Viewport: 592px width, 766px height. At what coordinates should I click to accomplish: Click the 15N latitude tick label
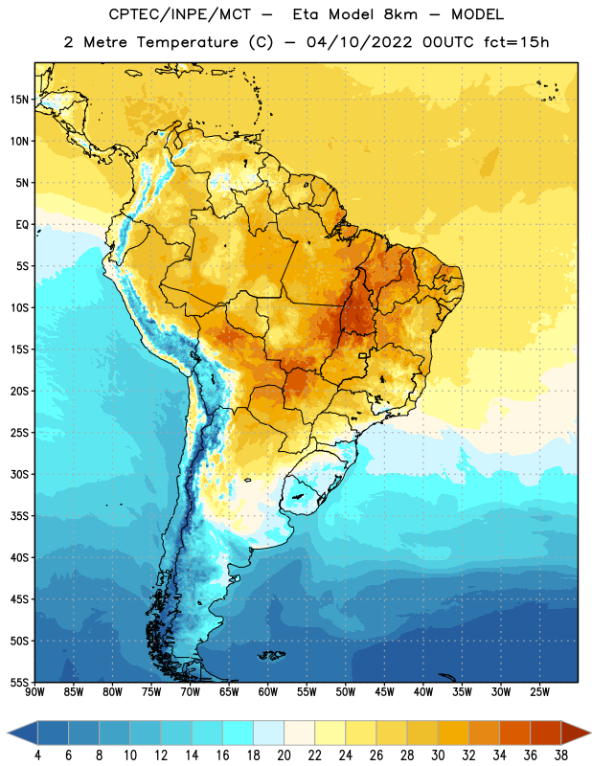click(x=19, y=100)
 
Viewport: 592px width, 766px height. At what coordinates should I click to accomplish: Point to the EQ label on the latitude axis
click(x=22, y=225)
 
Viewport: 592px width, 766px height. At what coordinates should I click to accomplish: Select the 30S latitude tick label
click(x=19, y=474)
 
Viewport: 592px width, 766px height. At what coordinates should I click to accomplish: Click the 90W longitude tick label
click(x=34, y=691)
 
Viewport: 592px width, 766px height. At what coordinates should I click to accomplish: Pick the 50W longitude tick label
click(x=346, y=691)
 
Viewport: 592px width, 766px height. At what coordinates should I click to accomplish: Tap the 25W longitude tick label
click(x=539, y=691)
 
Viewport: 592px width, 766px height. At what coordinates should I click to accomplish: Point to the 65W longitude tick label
click(x=229, y=691)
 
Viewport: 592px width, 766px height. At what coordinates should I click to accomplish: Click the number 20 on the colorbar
click(x=284, y=755)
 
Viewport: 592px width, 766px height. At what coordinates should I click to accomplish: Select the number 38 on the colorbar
click(x=561, y=755)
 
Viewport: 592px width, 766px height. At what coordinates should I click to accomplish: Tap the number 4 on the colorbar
click(x=37, y=755)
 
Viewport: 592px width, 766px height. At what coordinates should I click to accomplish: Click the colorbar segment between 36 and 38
click(x=546, y=732)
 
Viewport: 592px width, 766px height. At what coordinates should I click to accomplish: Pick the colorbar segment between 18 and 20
click(x=268, y=732)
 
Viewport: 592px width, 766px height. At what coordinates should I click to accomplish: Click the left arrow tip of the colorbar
click(x=8, y=732)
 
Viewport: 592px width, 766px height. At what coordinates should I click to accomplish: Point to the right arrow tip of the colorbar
click(x=590, y=732)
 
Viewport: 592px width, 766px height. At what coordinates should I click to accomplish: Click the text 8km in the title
click(x=400, y=14)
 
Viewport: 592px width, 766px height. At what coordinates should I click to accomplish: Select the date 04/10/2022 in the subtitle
click(x=359, y=42)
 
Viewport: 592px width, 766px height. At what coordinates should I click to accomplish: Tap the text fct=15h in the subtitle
click(x=516, y=42)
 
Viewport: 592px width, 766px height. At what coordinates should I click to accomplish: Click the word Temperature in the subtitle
click(x=187, y=42)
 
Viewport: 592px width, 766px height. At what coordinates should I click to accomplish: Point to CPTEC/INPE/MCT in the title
click(x=179, y=14)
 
